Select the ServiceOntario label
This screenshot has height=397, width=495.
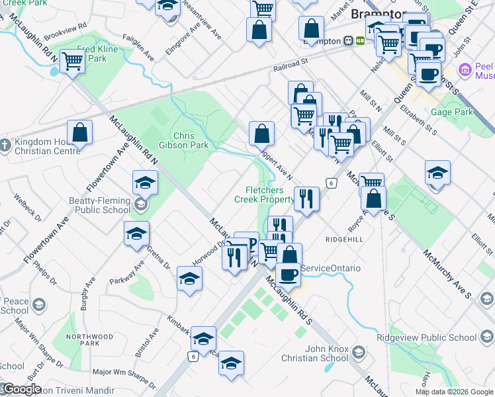click(x=331, y=268)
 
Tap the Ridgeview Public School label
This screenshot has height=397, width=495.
click(x=435, y=337)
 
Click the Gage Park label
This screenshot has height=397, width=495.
click(x=452, y=112)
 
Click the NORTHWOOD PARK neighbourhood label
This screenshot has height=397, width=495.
click(x=83, y=340)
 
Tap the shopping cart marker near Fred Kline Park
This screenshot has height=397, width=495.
click(x=73, y=62)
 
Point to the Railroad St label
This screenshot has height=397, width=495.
click(x=291, y=64)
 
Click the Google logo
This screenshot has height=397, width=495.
click(x=22, y=389)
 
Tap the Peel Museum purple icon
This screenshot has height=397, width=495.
click(x=465, y=69)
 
